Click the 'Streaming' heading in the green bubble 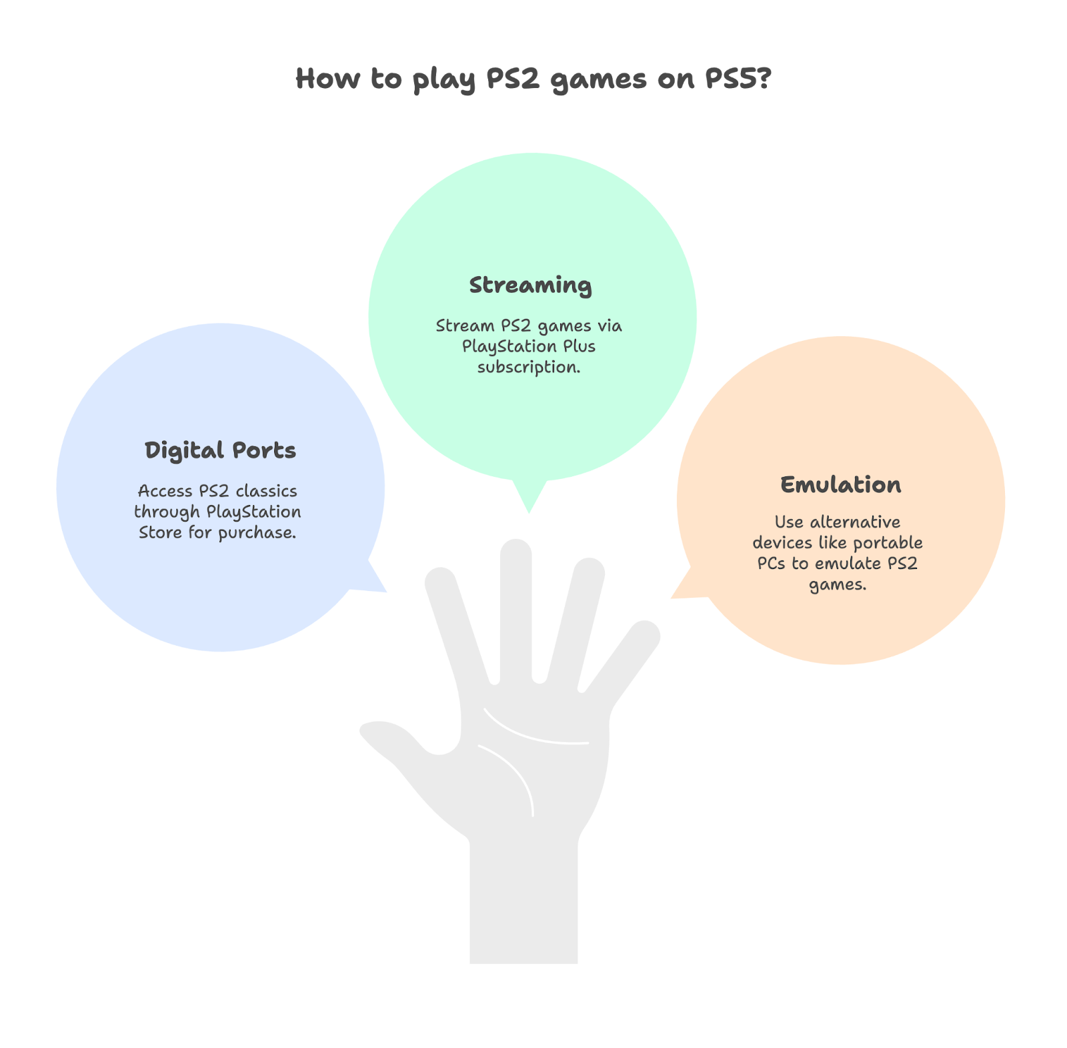pos(530,286)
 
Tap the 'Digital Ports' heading pos(220,450)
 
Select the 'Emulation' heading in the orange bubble pos(840,484)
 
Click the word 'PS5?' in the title pos(738,79)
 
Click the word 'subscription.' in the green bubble pos(529,367)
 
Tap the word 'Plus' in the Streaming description pos(578,346)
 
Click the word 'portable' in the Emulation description pos(888,542)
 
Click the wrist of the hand pos(523,901)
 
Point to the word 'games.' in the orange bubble pos(838,585)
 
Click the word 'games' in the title pos(599,79)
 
